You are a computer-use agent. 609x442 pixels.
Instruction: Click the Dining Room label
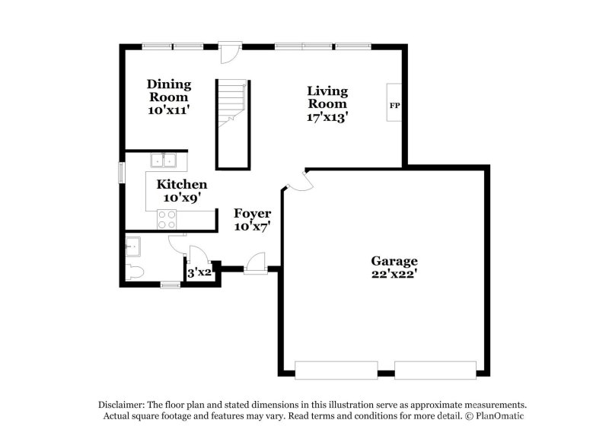click(x=169, y=91)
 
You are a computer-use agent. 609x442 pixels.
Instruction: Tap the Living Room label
click(x=327, y=97)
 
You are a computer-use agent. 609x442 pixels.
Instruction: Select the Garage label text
click(x=394, y=261)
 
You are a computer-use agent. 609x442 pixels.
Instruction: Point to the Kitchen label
click(x=181, y=184)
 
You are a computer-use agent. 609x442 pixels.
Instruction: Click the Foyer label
click(x=253, y=213)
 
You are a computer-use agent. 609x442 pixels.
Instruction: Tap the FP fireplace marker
click(x=394, y=106)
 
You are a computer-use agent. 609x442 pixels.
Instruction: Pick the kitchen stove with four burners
click(x=167, y=219)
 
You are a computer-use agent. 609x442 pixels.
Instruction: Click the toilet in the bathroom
click(x=135, y=272)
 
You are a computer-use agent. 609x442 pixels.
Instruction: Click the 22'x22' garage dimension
click(x=394, y=274)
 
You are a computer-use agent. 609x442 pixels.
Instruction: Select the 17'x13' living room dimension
click(x=327, y=117)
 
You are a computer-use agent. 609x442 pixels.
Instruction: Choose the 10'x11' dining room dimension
click(x=169, y=110)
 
